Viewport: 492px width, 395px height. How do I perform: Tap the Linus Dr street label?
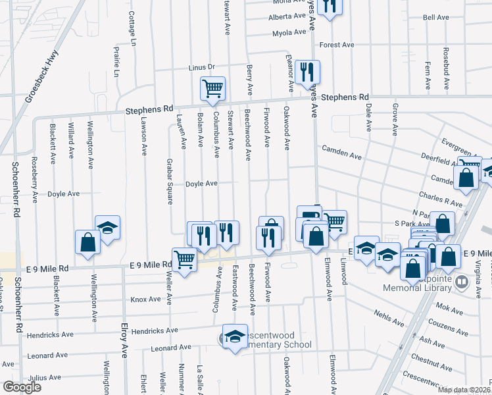point(202,67)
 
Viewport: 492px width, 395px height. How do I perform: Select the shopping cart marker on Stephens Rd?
point(212,88)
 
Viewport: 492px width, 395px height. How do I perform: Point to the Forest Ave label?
point(337,45)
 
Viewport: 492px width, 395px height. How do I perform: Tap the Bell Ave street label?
point(435,18)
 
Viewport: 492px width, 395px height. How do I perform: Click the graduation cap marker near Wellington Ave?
point(107,227)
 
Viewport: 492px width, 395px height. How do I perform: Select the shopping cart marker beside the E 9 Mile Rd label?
point(185,259)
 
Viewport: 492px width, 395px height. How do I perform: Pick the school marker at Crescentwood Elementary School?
point(235,336)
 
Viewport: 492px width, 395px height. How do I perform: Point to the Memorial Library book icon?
point(462,283)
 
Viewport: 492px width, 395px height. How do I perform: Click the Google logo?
point(22,386)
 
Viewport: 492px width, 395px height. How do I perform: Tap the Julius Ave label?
point(45,378)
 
